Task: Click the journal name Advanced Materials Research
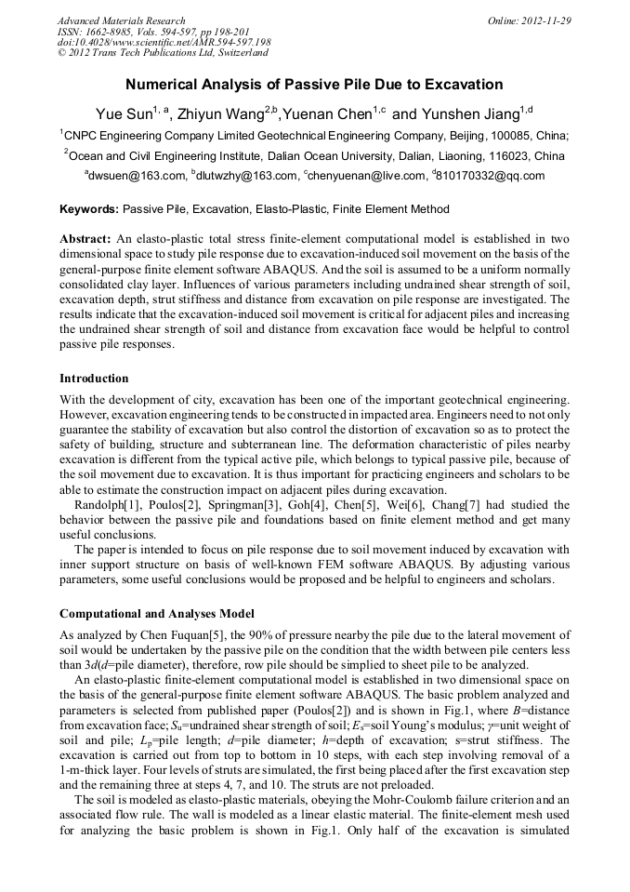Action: [121, 20]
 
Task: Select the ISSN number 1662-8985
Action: [116, 32]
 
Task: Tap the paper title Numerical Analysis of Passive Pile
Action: [314, 85]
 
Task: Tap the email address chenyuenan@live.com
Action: [363, 175]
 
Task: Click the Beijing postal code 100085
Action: [503, 135]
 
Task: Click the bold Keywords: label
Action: [89, 210]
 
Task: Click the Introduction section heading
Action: [94, 379]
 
